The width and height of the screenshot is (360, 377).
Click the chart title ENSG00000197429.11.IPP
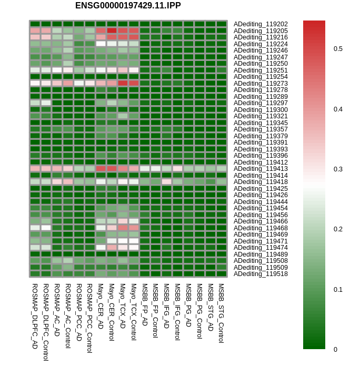tap(128, 6)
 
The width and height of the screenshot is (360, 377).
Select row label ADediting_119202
tap(261, 24)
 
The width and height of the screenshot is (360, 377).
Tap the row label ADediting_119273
tap(261, 83)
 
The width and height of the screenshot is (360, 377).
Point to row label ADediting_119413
tap(261, 169)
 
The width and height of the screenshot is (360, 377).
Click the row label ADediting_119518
tap(261, 274)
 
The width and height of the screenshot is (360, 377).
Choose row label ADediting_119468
tap(261, 228)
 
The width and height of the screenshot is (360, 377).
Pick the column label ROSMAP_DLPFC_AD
tap(35, 316)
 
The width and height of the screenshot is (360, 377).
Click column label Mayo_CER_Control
tap(112, 312)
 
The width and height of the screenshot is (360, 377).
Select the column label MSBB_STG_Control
tap(221, 313)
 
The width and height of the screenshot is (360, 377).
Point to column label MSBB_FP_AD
tap(145, 304)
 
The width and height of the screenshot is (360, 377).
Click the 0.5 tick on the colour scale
tap(338, 49)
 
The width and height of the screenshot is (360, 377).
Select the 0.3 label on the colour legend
tap(338, 169)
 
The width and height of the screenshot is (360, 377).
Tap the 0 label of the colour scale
tap(335, 349)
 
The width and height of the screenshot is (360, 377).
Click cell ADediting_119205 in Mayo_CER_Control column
tap(112, 30)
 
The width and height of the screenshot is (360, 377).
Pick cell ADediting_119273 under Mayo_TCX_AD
tap(123, 83)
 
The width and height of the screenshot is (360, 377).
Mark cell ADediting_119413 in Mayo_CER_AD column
tap(101, 168)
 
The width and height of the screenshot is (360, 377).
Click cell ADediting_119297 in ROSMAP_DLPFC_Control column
tap(46, 103)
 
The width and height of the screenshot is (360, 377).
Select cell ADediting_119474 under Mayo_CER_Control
tap(112, 247)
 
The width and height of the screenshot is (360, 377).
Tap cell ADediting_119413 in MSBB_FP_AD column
tap(145, 168)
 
